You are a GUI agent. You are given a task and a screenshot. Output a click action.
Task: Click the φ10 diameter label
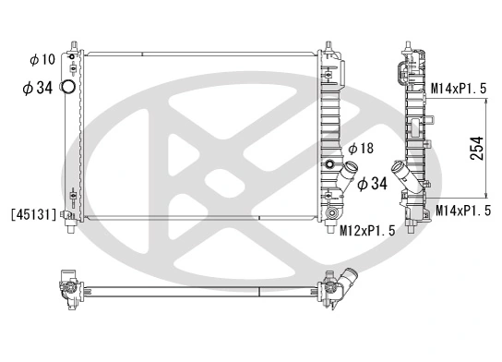point(42,60)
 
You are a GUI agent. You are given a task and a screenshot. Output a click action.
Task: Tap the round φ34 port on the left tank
point(68,89)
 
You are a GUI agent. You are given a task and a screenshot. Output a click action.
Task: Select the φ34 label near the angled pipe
point(371,184)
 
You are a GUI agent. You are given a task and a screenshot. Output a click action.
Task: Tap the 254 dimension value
point(477,150)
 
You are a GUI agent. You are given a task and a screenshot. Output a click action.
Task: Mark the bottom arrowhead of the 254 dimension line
point(487,198)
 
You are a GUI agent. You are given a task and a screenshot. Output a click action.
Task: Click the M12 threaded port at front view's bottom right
point(329,219)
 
